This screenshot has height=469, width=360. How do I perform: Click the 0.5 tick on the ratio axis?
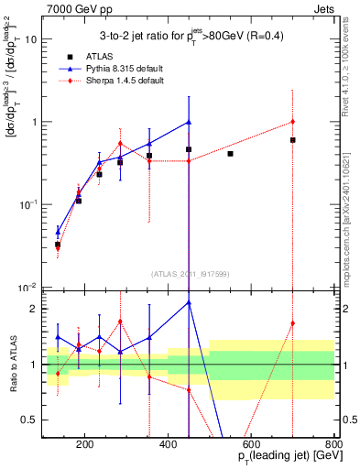pyautogui.click(x=33, y=420)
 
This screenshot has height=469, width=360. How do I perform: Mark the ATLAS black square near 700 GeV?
pyautogui.click(x=292, y=140)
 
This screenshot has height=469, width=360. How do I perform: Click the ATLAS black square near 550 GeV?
pyautogui.click(x=230, y=154)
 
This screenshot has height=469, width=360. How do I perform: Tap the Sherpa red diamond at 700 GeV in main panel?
pyautogui.click(x=292, y=121)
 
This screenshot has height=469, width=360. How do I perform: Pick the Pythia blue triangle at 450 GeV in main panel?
pyautogui.click(x=189, y=122)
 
